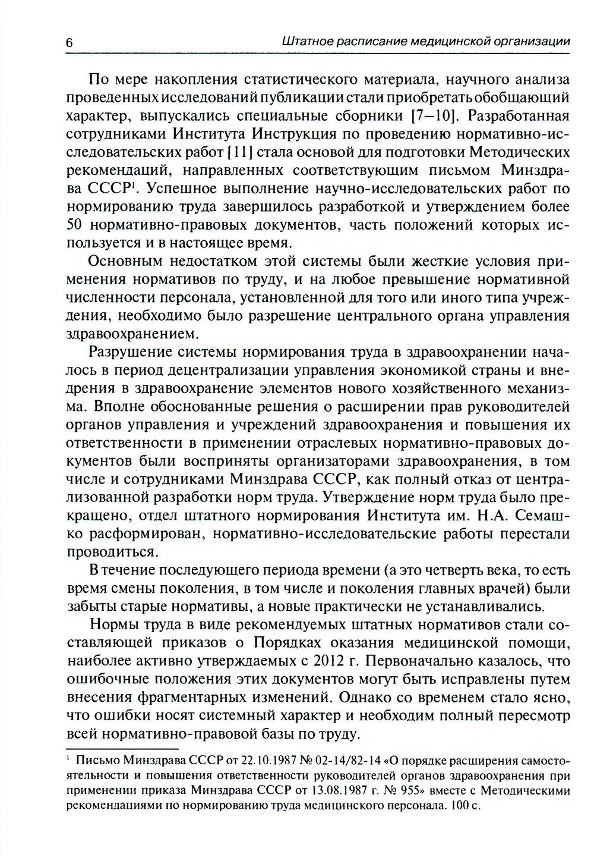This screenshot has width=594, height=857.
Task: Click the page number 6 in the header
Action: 69,43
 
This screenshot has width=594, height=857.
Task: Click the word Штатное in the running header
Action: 307,42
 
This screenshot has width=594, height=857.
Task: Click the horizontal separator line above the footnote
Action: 122,749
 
